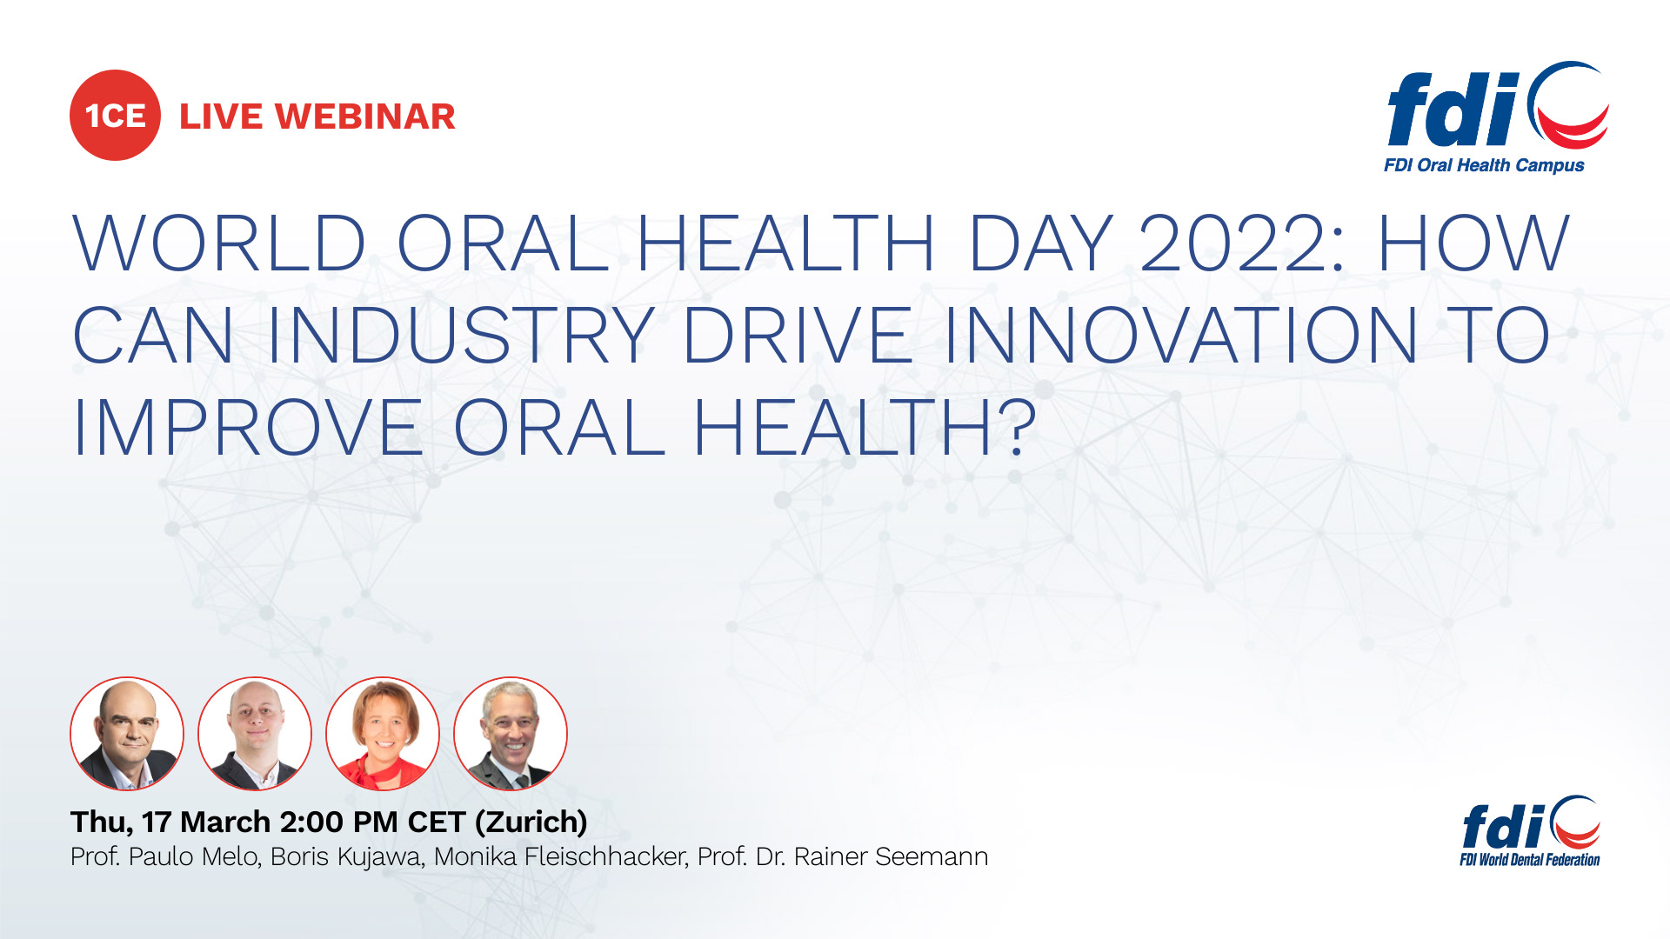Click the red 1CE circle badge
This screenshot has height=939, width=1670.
115,116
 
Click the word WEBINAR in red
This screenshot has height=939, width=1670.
365,117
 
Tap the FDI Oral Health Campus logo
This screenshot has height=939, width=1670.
1494,117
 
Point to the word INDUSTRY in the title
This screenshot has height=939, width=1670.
461,336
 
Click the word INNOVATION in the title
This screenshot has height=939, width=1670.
1180,336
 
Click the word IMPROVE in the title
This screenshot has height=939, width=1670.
247,428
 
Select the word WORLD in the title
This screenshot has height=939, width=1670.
219,244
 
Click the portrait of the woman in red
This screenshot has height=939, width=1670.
383,734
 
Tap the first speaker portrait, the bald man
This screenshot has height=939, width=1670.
127,734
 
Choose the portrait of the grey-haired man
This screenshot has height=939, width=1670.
511,734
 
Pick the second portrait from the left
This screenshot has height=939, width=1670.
255,734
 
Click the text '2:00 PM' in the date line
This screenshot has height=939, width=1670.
338,822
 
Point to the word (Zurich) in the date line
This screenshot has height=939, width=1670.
531,822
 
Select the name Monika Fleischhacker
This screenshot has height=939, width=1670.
561,857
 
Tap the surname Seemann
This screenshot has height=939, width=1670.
931,857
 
